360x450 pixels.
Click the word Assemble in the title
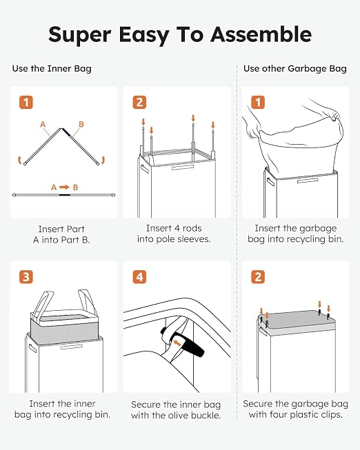[261, 34]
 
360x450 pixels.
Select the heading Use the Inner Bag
[52, 69]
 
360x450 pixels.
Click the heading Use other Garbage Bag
[295, 69]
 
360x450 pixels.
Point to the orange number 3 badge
[26, 277]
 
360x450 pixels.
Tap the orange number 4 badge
[139, 277]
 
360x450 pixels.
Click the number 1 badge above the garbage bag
[258, 102]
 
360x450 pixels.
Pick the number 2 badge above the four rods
[139, 102]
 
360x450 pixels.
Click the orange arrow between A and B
[64, 187]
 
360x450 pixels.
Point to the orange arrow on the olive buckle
[177, 342]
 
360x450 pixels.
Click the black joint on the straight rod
[65, 195]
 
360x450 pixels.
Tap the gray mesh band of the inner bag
[64, 331]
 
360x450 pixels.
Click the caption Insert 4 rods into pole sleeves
[174, 234]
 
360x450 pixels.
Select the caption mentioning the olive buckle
[176, 410]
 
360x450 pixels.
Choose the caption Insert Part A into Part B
[61, 234]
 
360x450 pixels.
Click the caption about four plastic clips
[296, 409]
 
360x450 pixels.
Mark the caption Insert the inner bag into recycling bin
[62, 409]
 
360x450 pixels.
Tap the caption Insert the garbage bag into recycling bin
[296, 234]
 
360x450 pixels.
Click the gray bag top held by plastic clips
[297, 320]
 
